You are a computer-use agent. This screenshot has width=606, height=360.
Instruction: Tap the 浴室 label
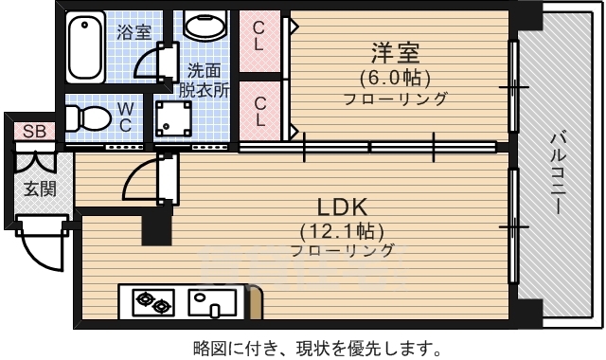[x=134, y=32]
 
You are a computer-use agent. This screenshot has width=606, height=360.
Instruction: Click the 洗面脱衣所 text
[x=205, y=81]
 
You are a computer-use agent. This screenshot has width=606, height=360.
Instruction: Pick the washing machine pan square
[x=174, y=120]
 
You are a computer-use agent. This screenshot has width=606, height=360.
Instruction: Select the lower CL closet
[x=258, y=111]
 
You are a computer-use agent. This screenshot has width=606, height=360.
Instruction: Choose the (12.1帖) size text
[x=342, y=230]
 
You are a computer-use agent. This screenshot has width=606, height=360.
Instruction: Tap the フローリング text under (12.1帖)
[x=342, y=251]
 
